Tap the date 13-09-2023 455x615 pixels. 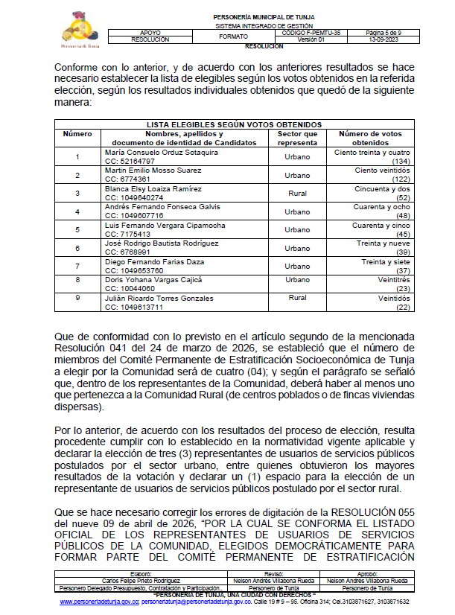[x=384, y=39]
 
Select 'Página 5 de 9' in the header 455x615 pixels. [x=384, y=34]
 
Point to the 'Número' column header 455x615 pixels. [x=77, y=133]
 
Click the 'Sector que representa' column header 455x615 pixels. [x=297, y=138]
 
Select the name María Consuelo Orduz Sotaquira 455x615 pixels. [x=162, y=153]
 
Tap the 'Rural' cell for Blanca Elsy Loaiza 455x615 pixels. [x=297, y=193]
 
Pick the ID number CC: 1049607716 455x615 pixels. [x=134, y=215]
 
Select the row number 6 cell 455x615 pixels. [x=77, y=247]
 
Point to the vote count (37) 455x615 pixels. [x=403, y=271]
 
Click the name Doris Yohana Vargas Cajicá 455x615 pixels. [x=153, y=280]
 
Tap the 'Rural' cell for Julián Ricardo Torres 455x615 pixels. [x=297, y=298]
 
